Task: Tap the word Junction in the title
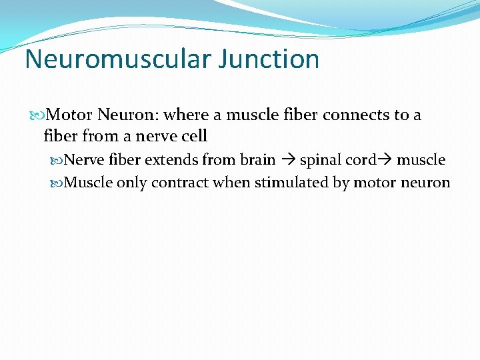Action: click(x=273, y=59)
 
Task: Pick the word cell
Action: click(x=195, y=137)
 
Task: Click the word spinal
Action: click(x=319, y=161)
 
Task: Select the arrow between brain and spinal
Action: click(x=287, y=161)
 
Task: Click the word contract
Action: click(x=177, y=183)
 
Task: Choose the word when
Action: click(x=228, y=183)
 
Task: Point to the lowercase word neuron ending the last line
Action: click(x=427, y=183)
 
